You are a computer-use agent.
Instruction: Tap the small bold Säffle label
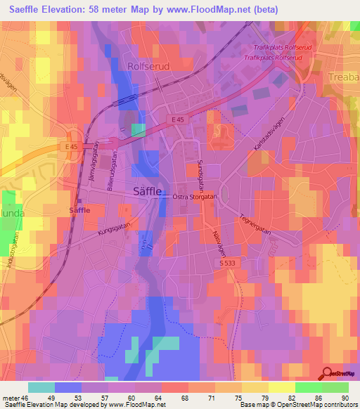pos(79,210)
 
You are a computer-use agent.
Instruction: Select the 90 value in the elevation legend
pos(344,398)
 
